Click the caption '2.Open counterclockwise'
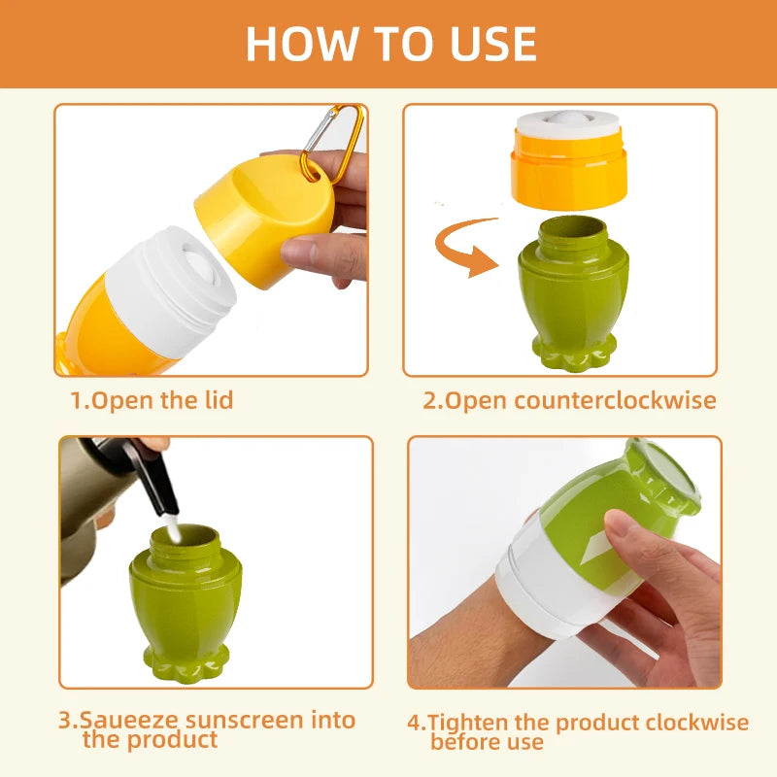pos(568,400)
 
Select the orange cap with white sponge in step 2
pos(568,160)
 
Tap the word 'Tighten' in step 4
pos(467,723)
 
